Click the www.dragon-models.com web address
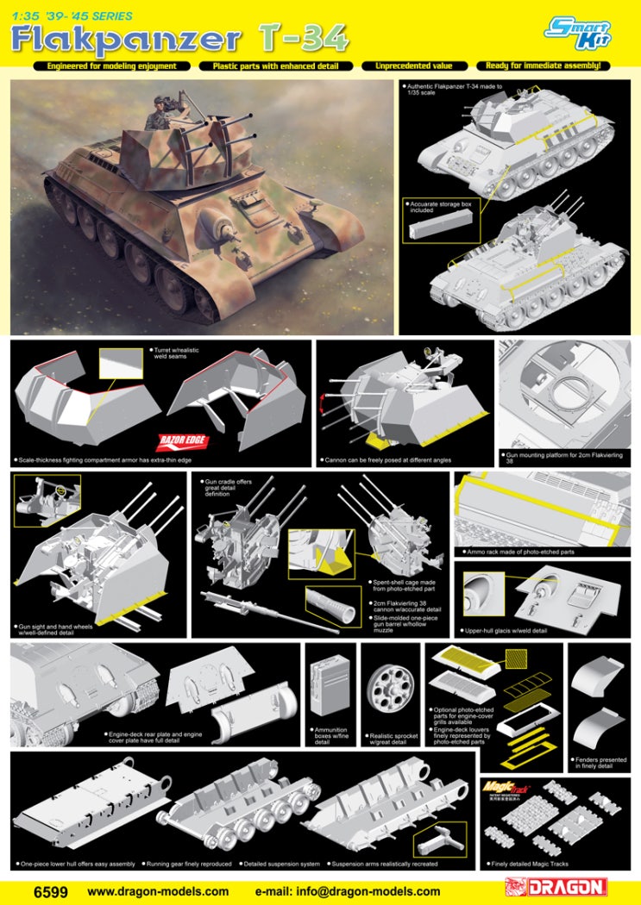159,891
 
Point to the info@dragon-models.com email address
348,891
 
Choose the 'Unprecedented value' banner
415,66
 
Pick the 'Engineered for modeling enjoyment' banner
112,66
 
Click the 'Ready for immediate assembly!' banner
543,66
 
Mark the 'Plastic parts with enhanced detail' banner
276,66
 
